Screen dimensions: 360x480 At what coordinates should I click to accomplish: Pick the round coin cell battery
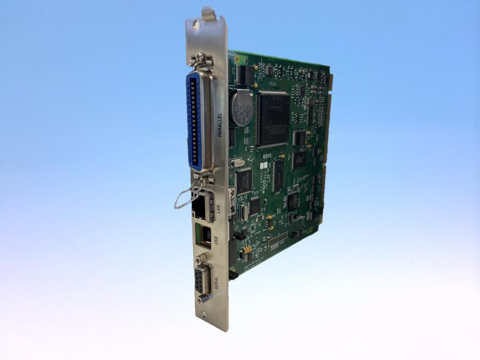point(242,108)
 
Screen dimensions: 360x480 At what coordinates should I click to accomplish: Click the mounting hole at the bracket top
point(195,26)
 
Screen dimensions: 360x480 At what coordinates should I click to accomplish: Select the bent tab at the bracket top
point(208,13)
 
